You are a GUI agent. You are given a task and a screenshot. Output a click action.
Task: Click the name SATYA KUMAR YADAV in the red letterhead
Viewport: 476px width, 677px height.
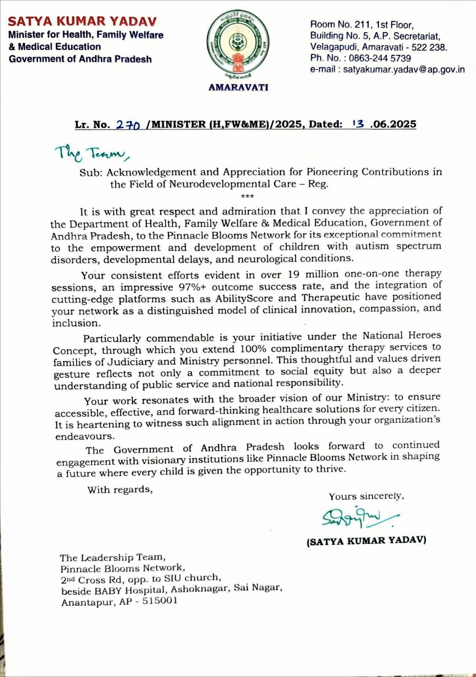coord(83,21)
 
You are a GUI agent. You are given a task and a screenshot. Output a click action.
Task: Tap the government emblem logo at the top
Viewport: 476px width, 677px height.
coord(237,43)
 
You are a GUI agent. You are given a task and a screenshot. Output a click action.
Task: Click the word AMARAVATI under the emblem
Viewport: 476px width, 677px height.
coord(238,88)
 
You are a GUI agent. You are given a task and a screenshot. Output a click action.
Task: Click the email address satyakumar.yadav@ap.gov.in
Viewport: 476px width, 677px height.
coord(404,70)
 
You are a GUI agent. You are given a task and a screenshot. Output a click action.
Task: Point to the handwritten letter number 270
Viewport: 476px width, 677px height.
coord(128,125)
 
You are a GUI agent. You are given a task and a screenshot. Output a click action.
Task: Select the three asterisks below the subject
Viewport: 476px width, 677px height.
coord(247,196)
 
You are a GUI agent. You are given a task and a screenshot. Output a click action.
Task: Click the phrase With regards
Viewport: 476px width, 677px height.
coord(119,490)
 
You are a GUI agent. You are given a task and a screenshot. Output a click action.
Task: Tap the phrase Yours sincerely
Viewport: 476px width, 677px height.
coord(366,496)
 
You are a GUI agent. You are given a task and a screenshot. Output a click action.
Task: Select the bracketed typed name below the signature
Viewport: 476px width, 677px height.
coord(366,541)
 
